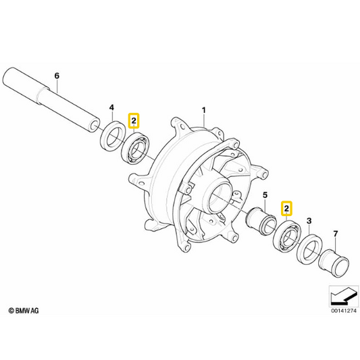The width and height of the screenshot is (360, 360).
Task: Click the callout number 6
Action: pyautogui.click(x=57, y=76)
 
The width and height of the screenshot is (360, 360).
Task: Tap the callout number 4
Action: pyautogui.click(x=111, y=107)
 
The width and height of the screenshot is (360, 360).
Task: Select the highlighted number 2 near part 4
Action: pyautogui.click(x=134, y=120)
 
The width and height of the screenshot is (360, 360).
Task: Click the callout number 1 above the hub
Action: pyautogui.click(x=204, y=111)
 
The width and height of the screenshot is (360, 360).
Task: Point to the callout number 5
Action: pyautogui.click(x=265, y=195)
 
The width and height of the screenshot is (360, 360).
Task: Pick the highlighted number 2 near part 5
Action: pyautogui.click(x=286, y=209)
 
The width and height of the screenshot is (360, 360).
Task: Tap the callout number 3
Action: pyautogui.click(x=309, y=221)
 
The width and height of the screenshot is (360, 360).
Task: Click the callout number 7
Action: pyautogui.click(x=336, y=234)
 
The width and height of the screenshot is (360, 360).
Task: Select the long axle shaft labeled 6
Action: pyautogui.click(x=51, y=99)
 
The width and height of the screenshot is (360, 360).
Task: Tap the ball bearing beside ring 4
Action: pyautogui.click(x=136, y=148)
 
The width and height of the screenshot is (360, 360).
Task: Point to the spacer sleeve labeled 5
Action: pyautogui.click(x=261, y=220)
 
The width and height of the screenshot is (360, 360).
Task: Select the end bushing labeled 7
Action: pyautogui.click(x=334, y=263)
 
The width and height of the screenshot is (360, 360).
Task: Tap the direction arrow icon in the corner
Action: pyautogui.click(x=344, y=297)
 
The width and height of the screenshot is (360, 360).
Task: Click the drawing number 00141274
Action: pyautogui.click(x=344, y=311)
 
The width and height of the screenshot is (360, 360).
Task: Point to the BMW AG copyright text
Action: pyautogui.click(x=24, y=311)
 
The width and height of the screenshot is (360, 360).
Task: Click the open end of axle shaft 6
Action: pyautogui.click(x=95, y=126)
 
